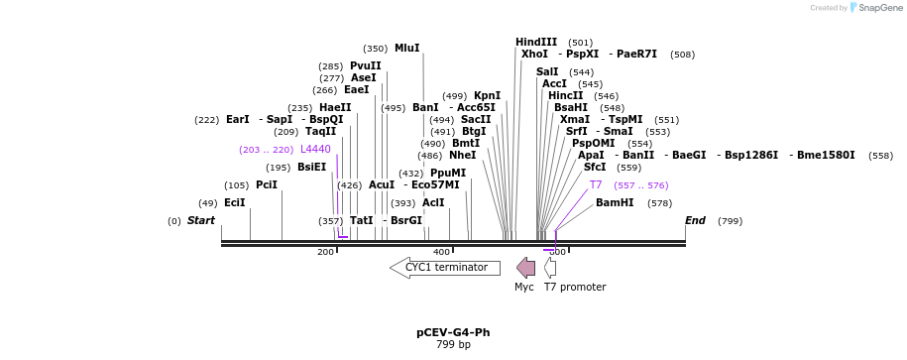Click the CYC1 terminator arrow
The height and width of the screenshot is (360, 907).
pyautogui.click(x=445, y=268)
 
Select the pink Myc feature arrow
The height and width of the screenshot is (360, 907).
pyautogui.click(x=525, y=268)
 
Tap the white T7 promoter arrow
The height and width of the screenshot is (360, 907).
pyautogui.click(x=550, y=268)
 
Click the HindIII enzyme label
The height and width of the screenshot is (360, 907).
pyautogui.click(x=536, y=42)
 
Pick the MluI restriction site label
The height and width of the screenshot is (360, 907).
pyautogui.click(x=407, y=48)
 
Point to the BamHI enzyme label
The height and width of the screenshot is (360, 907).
pyautogui.click(x=615, y=202)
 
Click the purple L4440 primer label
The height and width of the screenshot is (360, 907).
pyautogui.click(x=315, y=149)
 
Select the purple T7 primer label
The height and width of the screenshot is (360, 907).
pyautogui.click(x=596, y=184)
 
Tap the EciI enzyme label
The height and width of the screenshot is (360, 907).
pyautogui.click(x=235, y=202)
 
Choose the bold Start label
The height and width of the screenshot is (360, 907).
pyautogui.click(x=200, y=220)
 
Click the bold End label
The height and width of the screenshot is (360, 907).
pyautogui.click(x=695, y=220)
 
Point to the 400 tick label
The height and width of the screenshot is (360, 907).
pyautogui.click(x=441, y=252)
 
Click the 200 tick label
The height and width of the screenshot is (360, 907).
pyautogui.click(x=325, y=252)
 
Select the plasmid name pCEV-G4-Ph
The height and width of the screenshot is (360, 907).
pyautogui.click(x=453, y=332)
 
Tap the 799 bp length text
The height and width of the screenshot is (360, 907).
pyautogui.click(x=453, y=345)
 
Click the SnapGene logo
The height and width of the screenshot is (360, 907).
pyautogui.click(x=874, y=8)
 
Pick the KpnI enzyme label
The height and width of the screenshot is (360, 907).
pyautogui.click(x=487, y=95)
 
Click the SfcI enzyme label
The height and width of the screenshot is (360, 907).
pyautogui.click(x=595, y=167)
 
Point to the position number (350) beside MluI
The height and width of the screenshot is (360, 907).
pyautogui.click(x=375, y=48)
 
